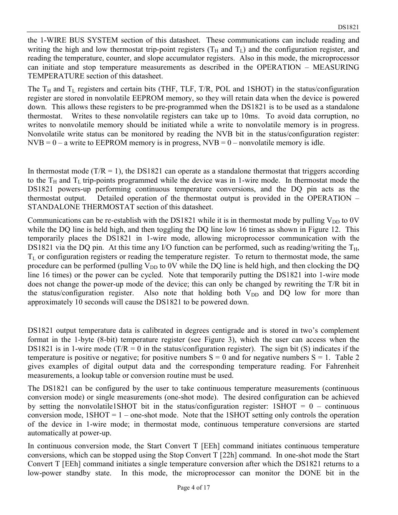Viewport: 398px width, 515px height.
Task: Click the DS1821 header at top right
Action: point(348,27)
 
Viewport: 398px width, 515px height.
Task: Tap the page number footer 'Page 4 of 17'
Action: point(194,487)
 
